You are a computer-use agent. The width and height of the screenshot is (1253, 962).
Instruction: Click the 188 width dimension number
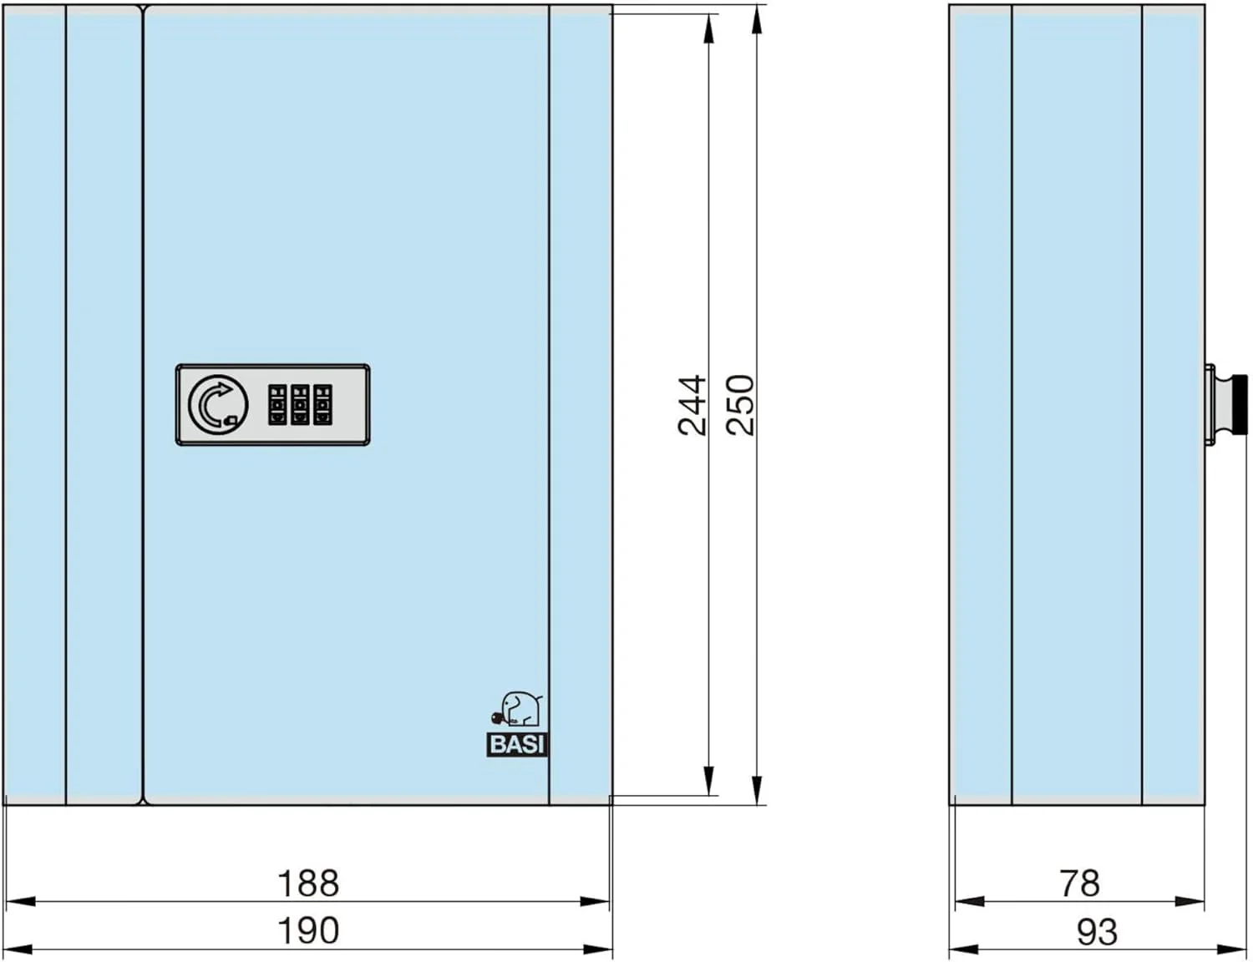[308, 883]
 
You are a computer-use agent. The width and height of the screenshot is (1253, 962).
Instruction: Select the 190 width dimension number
[308, 930]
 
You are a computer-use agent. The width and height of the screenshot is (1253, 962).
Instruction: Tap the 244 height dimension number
[692, 405]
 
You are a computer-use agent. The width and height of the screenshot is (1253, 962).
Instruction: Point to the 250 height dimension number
[740, 405]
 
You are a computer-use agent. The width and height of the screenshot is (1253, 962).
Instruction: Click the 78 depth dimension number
[1079, 883]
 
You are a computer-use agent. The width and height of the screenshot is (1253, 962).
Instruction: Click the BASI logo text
[516, 745]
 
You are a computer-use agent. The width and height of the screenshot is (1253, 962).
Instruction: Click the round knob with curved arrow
[218, 405]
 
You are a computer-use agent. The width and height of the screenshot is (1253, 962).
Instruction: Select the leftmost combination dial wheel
[277, 405]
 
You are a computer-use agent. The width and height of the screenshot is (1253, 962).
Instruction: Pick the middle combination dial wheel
[300, 405]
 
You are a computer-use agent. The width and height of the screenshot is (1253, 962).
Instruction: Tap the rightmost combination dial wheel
[322, 405]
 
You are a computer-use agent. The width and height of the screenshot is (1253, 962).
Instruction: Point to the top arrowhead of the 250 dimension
[757, 20]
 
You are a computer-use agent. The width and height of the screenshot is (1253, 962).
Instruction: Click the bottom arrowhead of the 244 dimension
[708, 782]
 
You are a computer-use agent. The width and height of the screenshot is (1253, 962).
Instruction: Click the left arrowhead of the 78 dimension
[970, 902]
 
